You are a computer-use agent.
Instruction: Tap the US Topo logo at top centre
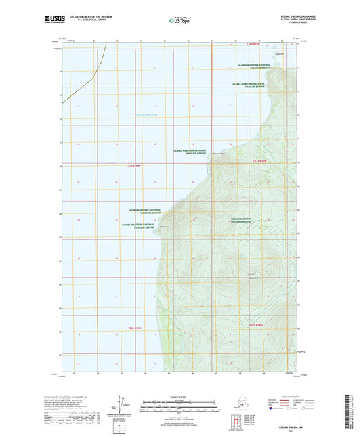click(x=179, y=20)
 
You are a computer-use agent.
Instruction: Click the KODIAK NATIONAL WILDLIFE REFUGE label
click(x=243, y=221)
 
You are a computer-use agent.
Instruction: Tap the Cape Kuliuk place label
click(x=163, y=227)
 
